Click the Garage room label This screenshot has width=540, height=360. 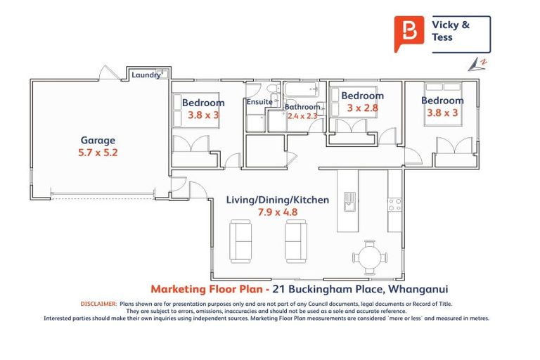[x=97, y=140]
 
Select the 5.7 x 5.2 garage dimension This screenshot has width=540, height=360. [x=97, y=153]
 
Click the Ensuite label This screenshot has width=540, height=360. [x=259, y=102]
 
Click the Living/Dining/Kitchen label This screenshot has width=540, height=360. [x=277, y=200]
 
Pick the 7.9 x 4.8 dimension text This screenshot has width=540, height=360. [x=277, y=212]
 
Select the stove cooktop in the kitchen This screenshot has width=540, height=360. [x=395, y=205]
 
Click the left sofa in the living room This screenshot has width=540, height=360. [x=242, y=241]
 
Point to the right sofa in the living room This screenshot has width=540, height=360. [x=295, y=241]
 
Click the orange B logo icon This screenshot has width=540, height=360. [x=409, y=33]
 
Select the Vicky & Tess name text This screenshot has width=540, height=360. [x=451, y=31]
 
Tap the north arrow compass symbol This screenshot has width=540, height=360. [x=477, y=64]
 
